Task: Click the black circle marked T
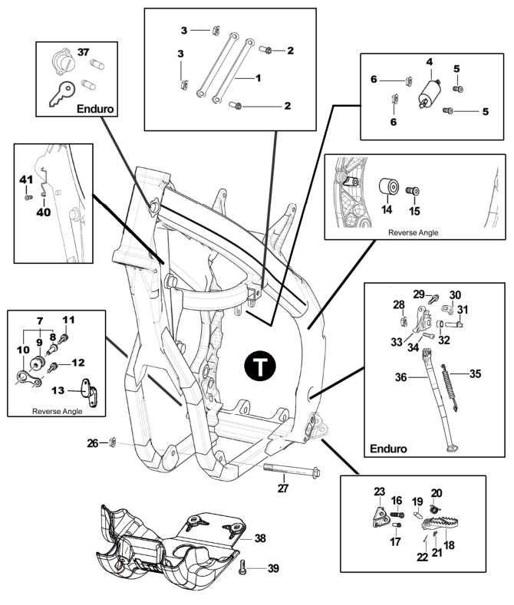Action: pos(260,366)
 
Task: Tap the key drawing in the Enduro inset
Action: pos(61,94)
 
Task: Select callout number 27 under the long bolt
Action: pos(283,488)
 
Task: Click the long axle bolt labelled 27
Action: pos(292,470)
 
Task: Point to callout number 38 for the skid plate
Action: pos(260,538)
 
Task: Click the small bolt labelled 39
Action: pos(242,567)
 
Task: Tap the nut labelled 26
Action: pos(113,442)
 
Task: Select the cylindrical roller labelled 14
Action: pos(389,187)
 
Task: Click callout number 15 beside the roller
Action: pos(414,211)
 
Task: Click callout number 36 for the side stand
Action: pos(401,377)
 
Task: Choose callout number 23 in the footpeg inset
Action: pos(379,492)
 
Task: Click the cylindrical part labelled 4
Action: pos(430,95)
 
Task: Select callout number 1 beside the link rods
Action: pos(259,78)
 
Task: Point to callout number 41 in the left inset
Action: pos(26,179)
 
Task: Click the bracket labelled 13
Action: pos(90,393)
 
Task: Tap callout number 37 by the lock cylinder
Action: pos(84,51)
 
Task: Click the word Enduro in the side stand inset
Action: pos(388,449)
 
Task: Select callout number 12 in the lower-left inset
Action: pos(78,363)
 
